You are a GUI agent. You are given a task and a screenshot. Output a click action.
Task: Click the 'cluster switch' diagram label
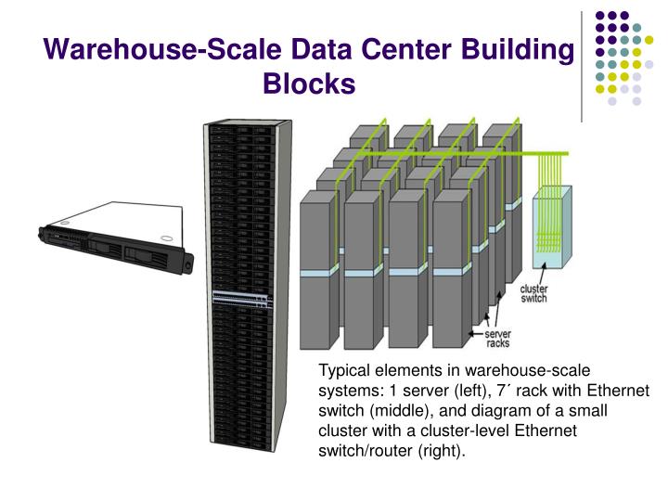[533, 292]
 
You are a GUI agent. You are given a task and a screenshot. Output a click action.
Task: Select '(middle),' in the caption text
[400, 411]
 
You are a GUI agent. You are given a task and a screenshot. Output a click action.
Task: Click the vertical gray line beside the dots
[582, 65]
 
